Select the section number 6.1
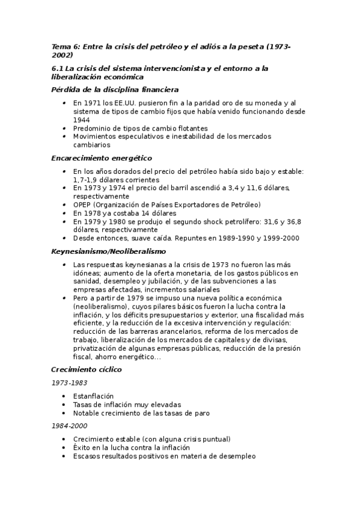[58, 69]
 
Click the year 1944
[82, 120]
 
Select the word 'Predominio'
[91, 128]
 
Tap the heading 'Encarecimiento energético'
[101, 158]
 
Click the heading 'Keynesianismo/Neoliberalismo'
[108, 251]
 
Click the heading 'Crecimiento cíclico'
[87, 369]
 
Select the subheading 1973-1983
[69, 383]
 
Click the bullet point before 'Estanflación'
[64, 397]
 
